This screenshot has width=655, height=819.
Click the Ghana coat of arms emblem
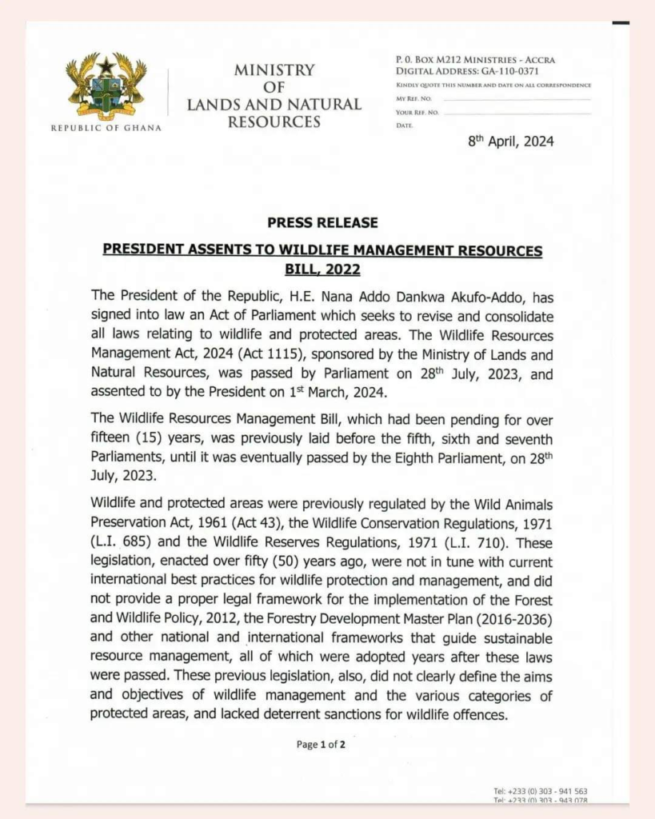(106, 87)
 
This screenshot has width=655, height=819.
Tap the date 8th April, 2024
(510, 142)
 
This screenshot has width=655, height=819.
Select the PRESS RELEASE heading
(322, 222)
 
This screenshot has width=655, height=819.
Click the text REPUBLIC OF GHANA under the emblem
(106, 128)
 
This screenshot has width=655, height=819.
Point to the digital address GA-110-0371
(512, 71)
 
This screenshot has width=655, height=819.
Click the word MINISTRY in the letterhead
(274, 70)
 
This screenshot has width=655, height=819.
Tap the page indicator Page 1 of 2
(321, 744)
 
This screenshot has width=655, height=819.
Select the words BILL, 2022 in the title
(322, 270)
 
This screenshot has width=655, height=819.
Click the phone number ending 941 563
(541, 791)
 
